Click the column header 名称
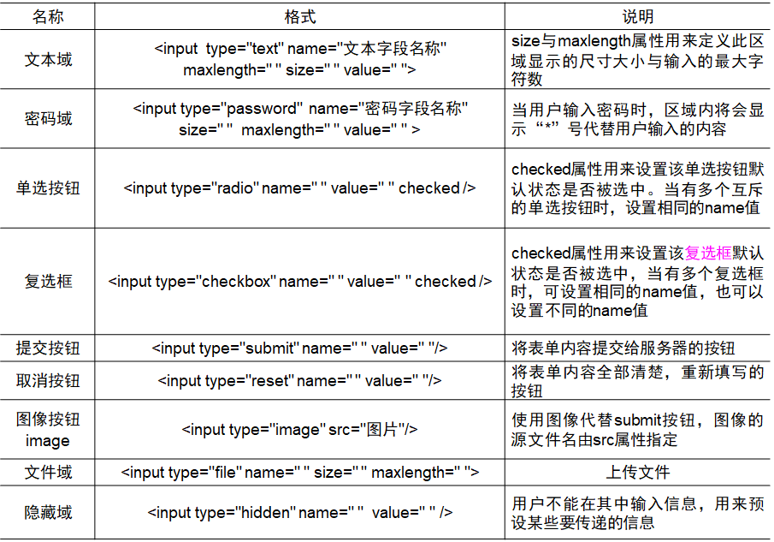coord(48,16)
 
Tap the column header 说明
coord(637,16)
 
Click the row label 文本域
coord(48,60)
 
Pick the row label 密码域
coord(48,119)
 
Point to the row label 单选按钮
coord(48,188)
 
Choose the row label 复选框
coord(48,281)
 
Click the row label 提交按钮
coord(48,348)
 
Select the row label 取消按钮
coord(48,381)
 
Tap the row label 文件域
coord(48,472)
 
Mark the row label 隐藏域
coord(48,513)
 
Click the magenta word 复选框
coord(709,253)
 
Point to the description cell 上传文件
coord(637,472)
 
